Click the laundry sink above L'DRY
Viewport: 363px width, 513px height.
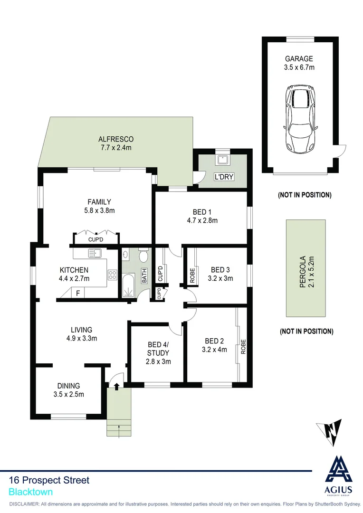222,160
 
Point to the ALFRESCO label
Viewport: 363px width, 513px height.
115,139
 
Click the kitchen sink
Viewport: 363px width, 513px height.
96,253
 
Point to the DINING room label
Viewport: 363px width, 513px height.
68,386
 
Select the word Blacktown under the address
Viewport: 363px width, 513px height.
30,493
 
